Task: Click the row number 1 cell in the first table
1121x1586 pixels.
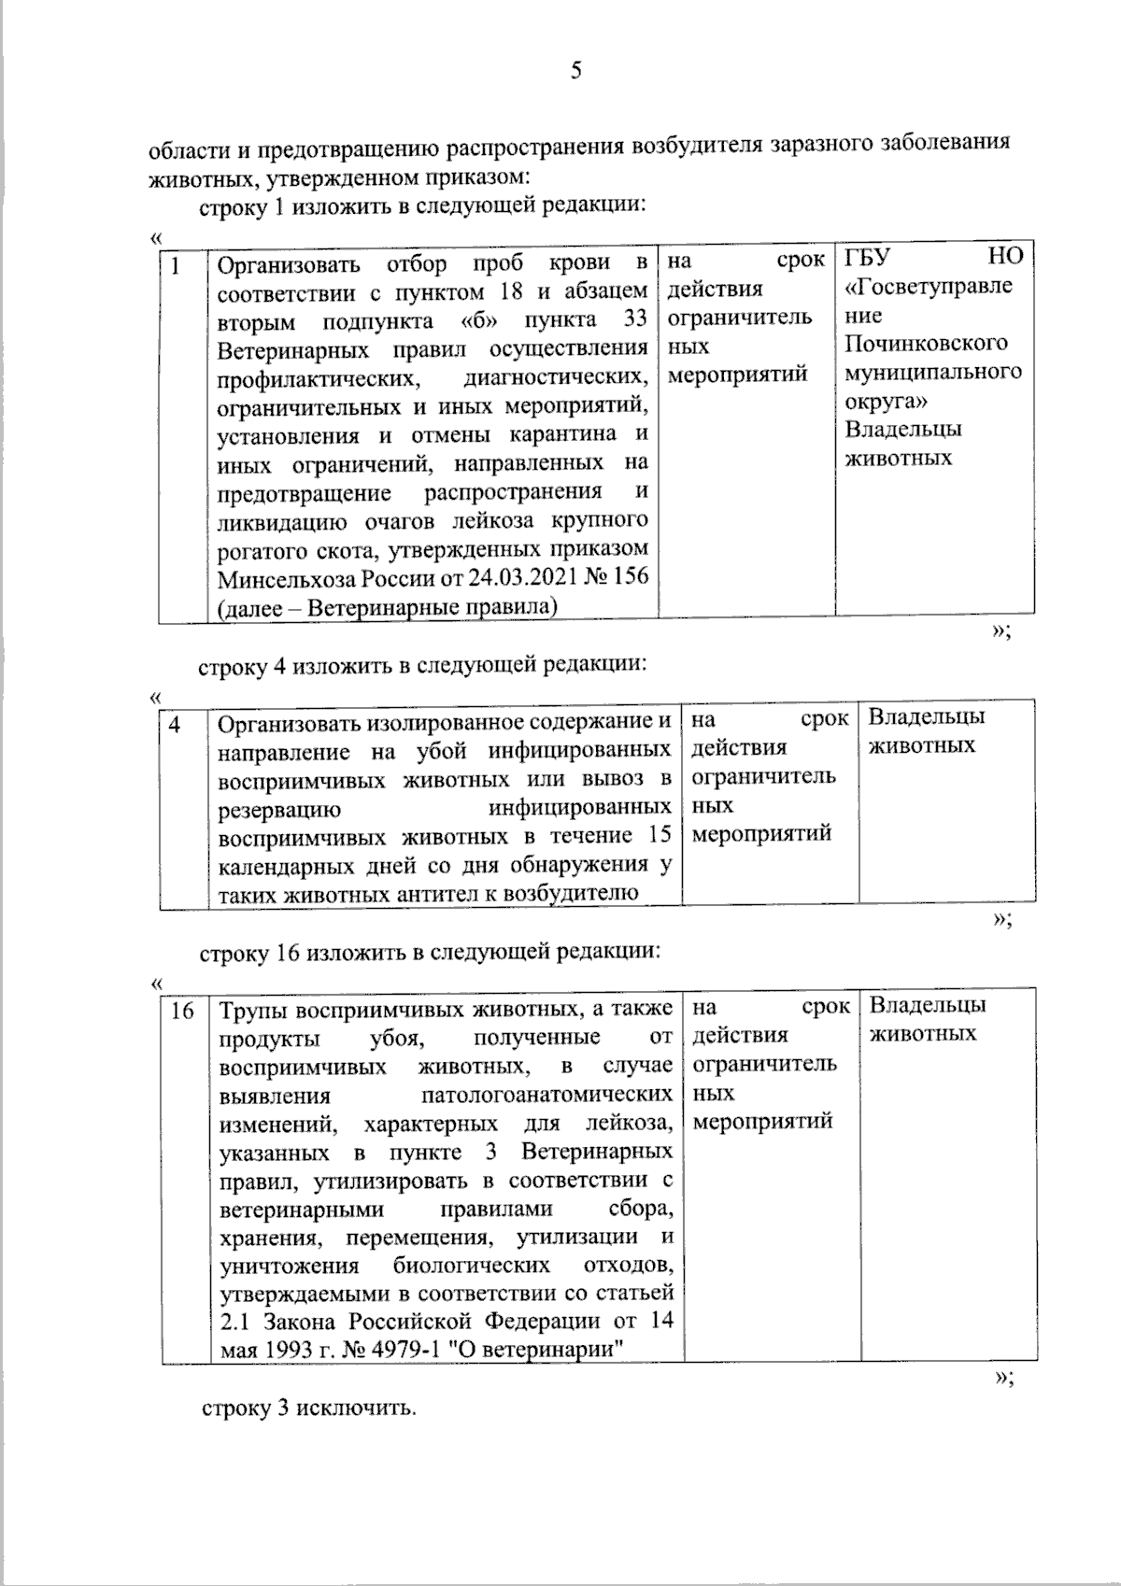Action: point(175,266)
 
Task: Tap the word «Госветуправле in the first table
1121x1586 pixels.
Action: point(928,285)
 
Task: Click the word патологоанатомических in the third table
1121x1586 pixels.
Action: point(546,1094)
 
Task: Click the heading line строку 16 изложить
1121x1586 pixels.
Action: point(431,953)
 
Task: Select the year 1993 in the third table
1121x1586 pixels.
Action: point(277,1351)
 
